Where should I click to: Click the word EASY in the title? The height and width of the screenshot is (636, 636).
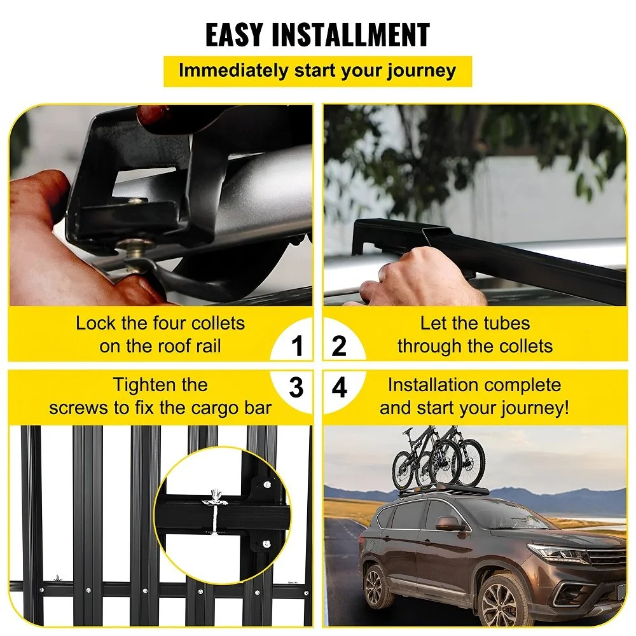(234, 35)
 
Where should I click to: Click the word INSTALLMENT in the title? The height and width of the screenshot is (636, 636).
(351, 35)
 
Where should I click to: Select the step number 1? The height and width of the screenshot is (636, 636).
(297, 346)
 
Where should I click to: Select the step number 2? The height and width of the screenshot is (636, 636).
(339, 346)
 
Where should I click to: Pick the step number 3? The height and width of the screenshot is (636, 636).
(296, 387)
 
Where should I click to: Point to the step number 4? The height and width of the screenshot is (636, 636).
(340, 387)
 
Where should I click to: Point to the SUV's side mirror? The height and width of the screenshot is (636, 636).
(451, 523)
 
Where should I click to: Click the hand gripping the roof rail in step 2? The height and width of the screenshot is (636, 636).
(421, 276)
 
